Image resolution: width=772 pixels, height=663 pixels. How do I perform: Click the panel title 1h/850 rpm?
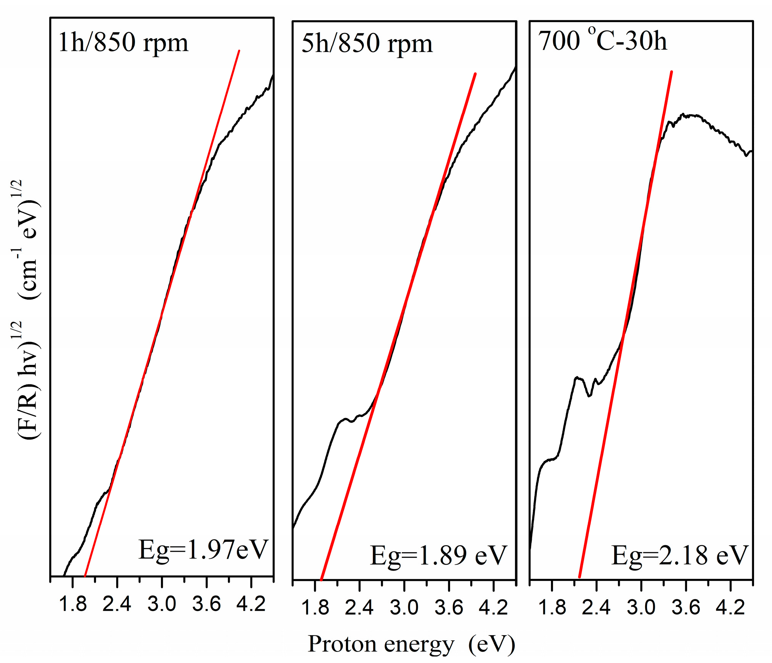point(123,42)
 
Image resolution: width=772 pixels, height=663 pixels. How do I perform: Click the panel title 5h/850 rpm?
point(367,44)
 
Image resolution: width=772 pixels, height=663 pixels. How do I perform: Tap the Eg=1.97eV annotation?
point(203,551)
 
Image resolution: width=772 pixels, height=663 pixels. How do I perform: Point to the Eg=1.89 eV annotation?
point(438,556)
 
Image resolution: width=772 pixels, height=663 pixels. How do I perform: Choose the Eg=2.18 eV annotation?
point(679,556)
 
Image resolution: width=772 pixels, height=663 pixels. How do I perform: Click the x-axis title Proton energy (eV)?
point(411,645)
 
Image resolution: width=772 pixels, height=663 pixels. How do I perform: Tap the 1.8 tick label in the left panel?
point(73,604)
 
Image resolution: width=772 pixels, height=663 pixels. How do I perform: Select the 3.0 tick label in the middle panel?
point(404,608)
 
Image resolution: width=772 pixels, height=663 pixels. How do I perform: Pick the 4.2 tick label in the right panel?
point(730,608)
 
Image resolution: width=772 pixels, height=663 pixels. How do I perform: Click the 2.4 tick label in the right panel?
point(596,608)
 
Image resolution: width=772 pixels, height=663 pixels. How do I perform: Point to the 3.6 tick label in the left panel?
point(206,604)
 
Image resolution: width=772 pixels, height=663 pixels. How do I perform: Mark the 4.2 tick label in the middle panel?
point(493,608)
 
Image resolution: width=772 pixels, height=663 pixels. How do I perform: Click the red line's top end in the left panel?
point(239,51)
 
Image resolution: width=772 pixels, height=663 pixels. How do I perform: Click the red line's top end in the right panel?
point(671,72)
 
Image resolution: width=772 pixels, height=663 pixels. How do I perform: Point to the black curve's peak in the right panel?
point(688,115)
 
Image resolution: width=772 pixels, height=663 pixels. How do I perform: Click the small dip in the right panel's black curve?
point(589,396)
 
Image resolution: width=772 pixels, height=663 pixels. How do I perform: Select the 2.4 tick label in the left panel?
point(117,604)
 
